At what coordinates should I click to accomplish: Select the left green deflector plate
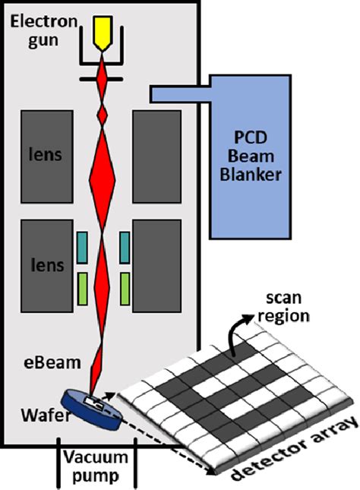coord(82,288)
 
